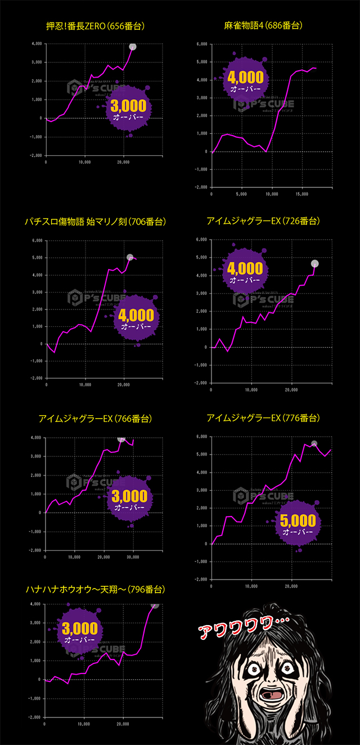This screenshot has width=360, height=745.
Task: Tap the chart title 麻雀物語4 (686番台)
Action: tap(263, 26)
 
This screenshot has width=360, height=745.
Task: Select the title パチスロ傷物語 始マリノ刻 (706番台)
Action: tap(95, 222)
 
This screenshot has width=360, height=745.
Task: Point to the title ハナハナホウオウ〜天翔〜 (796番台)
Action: tap(95, 589)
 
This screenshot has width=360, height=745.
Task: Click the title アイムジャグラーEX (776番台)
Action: tap(263, 418)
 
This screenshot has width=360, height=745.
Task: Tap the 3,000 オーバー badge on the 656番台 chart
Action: tap(129, 108)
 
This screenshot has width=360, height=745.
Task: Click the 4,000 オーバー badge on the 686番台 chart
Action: tap(246, 79)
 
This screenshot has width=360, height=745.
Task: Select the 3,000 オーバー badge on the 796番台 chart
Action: tap(79, 631)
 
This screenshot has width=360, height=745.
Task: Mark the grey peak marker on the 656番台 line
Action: tap(133, 46)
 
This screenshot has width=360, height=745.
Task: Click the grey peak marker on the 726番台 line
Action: tap(315, 263)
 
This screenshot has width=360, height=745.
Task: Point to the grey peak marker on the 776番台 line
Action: tap(314, 443)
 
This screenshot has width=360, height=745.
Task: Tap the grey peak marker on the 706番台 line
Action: tap(130, 257)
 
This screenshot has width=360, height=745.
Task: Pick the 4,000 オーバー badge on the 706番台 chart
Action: tap(137, 318)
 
